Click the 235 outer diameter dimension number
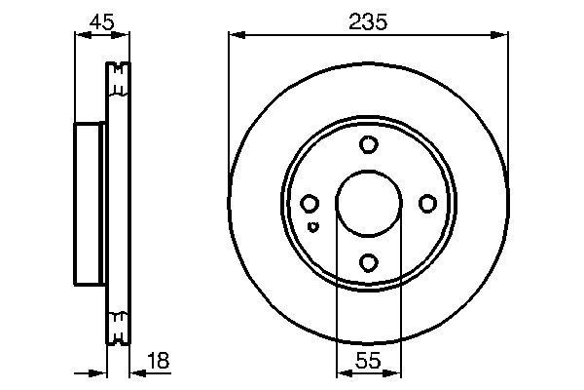pos(367,20)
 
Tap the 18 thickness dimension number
pos(158,361)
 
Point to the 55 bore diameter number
pos(367,361)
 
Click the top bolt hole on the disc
pos(368,145)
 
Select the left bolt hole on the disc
pos(310,203)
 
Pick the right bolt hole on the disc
pos(426,203)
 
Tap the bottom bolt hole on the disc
pos(368,261)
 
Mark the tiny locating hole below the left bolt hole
pos(311,227)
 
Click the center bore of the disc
pos(368,203)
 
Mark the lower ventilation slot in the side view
pos(118,327)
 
